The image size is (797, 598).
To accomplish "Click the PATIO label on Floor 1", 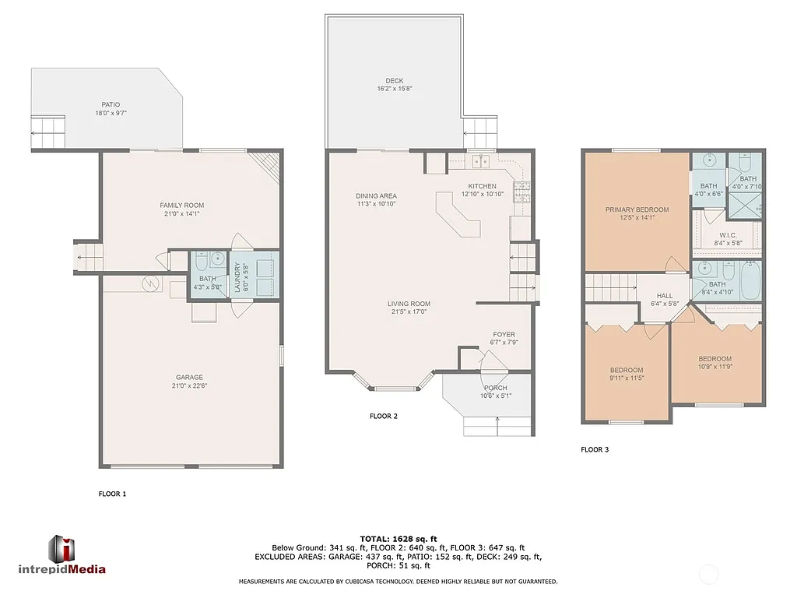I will pyautogui.click(x=111, y=104).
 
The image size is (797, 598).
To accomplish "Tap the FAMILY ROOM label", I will pyautogui.click(x=181, y=206).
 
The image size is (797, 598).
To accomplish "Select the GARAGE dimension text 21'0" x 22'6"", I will pyautogui.click(x=189, y=385).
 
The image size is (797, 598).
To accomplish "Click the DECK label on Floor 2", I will pyautogui.click(x=395, y=80).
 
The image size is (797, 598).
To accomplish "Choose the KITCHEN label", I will pyautogui.click(x=483, y=186).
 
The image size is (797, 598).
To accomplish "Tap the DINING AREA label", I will pyautogui.click(x=377, y=196).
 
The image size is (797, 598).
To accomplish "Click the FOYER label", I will pyautogui.click(x=504, y=335).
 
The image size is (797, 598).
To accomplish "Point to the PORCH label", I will pyautogui.click(x=495, y=388).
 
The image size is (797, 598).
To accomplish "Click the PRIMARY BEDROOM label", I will pyautogui.click(x=637, y=209).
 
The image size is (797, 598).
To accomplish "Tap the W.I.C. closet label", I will pyautogui.click(x=728, y=234).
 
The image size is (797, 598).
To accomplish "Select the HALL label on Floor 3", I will pyautogui.click(x=665, y=296).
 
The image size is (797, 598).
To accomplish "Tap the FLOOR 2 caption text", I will pyautogui.click(x=384, y=417).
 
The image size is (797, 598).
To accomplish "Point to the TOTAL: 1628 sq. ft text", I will pyautogui.click(x=398, y=539).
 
